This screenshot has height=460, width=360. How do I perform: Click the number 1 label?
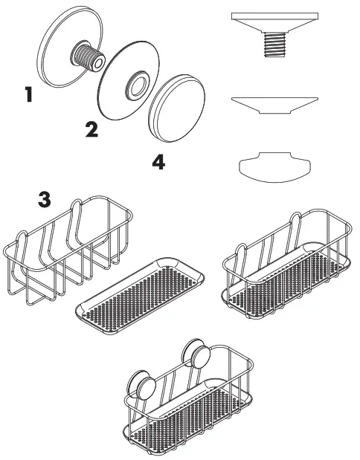tap(29, 95)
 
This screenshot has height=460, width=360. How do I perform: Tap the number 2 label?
tap(92, 131)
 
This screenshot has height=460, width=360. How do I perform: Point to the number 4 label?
tap(158, 162)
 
